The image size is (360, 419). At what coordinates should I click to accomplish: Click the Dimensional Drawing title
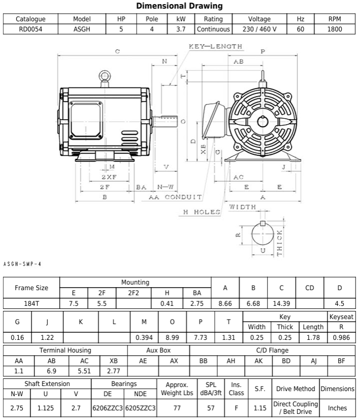180,6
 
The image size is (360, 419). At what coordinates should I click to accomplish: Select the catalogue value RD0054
30,29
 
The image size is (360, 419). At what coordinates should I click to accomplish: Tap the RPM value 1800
335,29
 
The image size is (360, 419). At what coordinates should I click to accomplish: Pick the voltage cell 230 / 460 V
259,29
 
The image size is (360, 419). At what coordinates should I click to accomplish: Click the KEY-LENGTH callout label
215,46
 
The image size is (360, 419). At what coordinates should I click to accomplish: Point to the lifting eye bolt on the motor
106,77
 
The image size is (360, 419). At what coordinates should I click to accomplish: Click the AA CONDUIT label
175,197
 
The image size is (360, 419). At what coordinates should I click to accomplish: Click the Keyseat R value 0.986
341,337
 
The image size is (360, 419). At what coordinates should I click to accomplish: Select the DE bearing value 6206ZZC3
108,407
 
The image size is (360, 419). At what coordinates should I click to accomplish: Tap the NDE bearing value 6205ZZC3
140,407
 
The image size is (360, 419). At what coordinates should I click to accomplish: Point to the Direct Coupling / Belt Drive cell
296,407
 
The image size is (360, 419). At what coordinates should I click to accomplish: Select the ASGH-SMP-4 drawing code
22,263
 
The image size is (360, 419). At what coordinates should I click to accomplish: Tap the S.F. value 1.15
260,407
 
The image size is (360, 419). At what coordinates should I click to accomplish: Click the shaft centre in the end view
262,121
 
